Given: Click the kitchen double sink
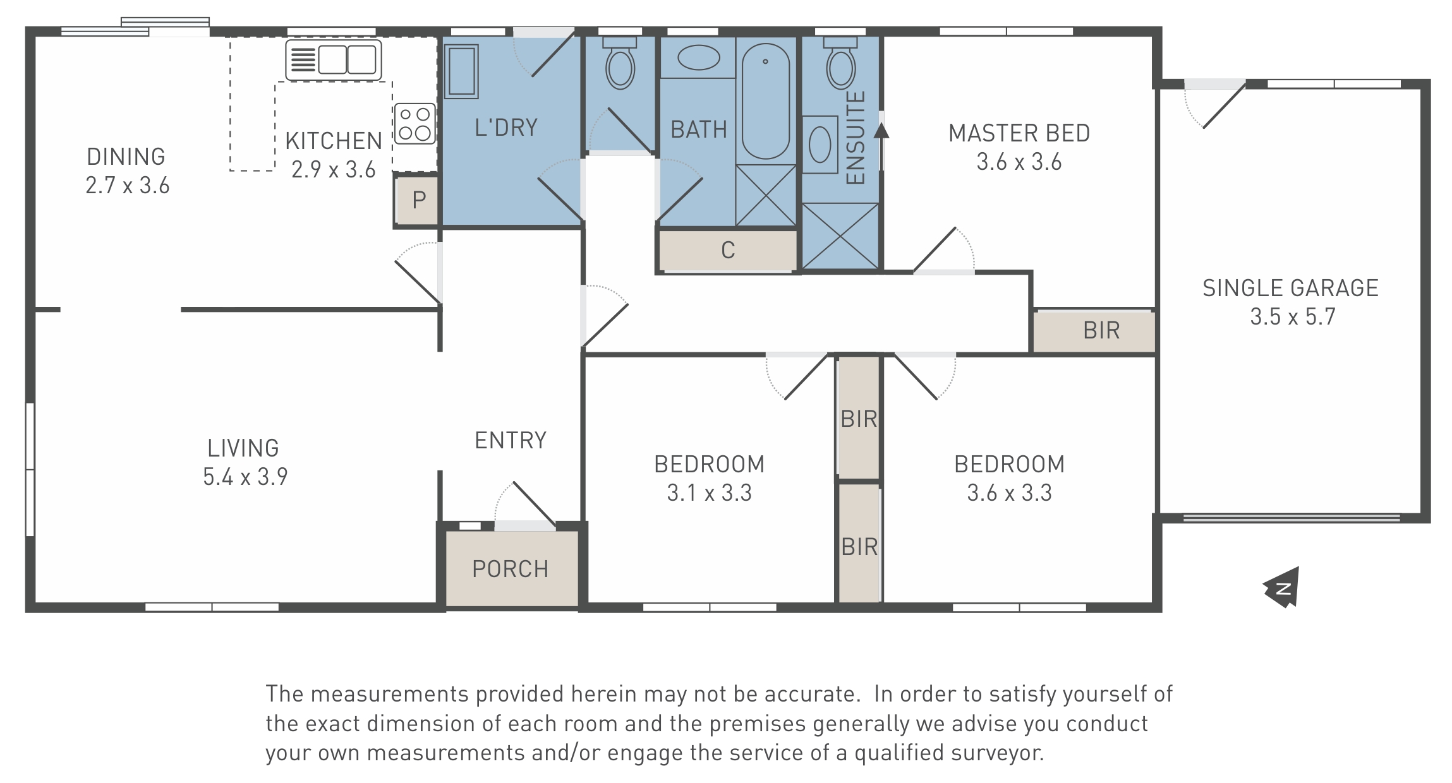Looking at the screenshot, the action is click(x=334, y=60).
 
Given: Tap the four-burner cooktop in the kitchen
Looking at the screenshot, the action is click(x=414, y=123).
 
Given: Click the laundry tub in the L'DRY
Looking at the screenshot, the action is click(x=461, y=71).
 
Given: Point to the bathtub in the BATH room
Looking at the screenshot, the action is click(x=765, y=101).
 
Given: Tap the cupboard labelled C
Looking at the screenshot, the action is click(x=728, y=250).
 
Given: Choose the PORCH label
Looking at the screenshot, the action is click(x=511, y=569).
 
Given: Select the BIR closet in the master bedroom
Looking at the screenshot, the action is click(x=1094, y=330).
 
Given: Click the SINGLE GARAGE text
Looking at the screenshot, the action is click(x=1290, y=288).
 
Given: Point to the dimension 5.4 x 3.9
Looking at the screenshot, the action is click(x=245, y=477).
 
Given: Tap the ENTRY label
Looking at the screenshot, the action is click(x=511, y=440).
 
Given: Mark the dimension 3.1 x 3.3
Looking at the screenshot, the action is click(x=710, y=493).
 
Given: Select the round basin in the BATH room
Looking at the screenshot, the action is click(x=698, y=58).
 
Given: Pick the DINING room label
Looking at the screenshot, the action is click(x=126, y=157).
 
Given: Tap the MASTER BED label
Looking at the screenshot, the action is click(x=1019, y=133).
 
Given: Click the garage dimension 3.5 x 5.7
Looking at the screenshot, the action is click(x=1293, y=316).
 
